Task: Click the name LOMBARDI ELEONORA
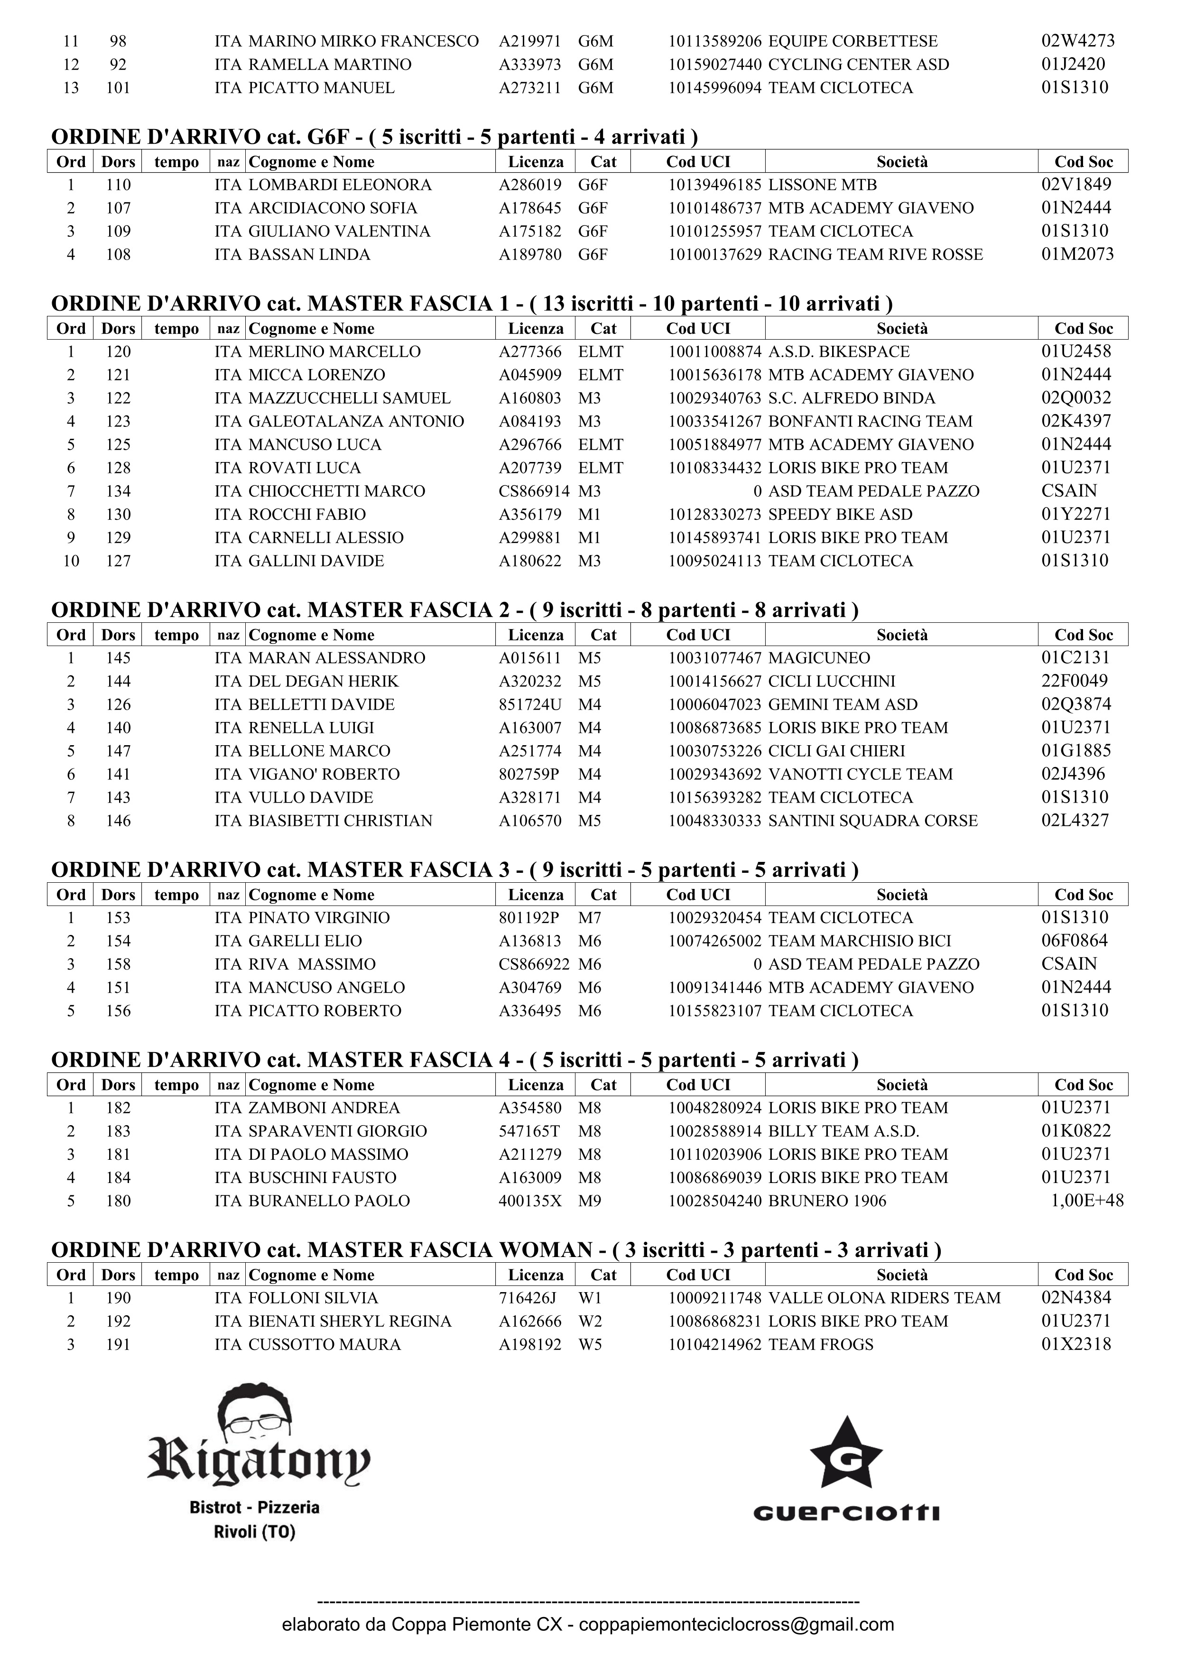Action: tap(340, 185)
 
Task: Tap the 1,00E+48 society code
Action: tap(1087, 1201)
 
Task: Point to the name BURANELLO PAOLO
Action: tap(329, 1201)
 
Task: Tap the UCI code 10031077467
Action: tap(714, 658)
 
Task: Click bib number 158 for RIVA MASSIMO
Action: tap(118, 964)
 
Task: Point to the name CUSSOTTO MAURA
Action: tap(324, 1344)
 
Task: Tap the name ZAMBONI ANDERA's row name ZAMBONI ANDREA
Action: tap(324, 1108)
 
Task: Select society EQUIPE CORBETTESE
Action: tap(853, 41)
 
